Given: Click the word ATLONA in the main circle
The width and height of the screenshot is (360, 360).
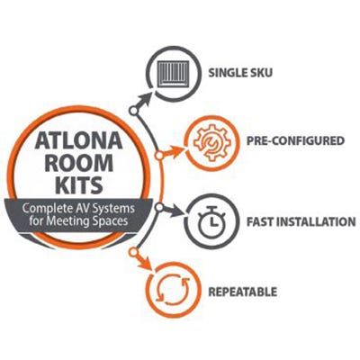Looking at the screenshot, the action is point(78,140).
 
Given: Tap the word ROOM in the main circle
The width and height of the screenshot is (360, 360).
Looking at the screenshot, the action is point(79,163).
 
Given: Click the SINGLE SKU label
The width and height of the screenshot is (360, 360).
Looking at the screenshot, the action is point(240,73).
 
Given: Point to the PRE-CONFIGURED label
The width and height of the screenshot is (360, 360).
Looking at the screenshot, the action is point(295,140).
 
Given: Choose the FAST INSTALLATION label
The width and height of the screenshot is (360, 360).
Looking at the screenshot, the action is point(301,221).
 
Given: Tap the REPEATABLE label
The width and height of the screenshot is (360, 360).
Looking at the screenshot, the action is point(242,292).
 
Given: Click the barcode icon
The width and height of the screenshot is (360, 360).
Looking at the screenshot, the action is point(174,74).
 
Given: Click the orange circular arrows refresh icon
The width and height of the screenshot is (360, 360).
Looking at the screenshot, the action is point(173,290).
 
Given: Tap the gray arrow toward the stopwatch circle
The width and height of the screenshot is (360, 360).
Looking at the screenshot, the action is point(172,211).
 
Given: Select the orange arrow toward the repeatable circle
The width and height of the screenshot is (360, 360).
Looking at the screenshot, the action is point(143,260).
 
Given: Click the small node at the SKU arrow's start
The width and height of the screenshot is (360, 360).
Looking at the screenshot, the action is point(133,111).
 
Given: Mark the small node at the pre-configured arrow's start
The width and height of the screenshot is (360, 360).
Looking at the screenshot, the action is point(159,156).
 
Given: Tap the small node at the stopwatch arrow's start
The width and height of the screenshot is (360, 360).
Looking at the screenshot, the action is point(159,207).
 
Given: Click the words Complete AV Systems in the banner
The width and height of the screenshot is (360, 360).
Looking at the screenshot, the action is point(78,209).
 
